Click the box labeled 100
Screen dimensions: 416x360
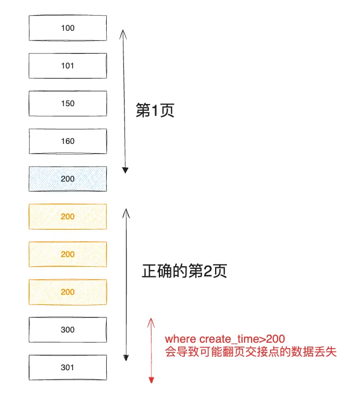[68, 28]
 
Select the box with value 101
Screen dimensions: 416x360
[68, 66]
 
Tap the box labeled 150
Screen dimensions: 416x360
[68, 103]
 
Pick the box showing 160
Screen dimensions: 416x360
[68, 141]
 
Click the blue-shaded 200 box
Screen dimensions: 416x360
[68, 179]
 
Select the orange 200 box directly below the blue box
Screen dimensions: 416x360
[68, 217]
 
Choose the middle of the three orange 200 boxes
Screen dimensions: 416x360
[68, 254]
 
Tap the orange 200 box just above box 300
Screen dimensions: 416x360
[68, 292]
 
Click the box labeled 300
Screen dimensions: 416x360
[68, 330]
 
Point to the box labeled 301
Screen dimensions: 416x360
[68, 368]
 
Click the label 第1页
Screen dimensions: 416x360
[156, 110]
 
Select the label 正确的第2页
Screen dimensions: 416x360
[184, 271]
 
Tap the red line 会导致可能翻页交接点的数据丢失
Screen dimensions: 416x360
[251, 353]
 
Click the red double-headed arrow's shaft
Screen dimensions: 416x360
[151, 350]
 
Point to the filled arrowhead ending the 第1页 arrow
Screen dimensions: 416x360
[125, 170]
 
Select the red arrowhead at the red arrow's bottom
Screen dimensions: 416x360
[151, 380]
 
